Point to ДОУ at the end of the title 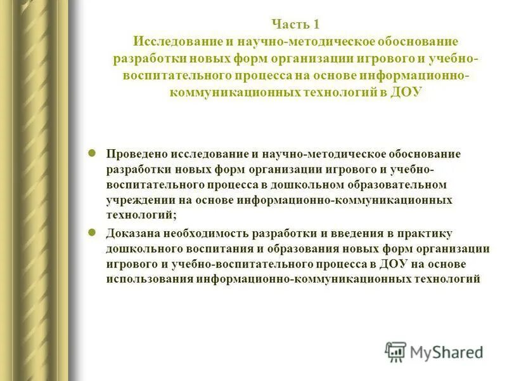pyautogui.click(x=405, y=93)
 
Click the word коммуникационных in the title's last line pyautogui.click(x=226, y=93)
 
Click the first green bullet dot pyautogui.click(x=92, y=153)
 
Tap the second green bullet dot pyautogui.click(x=92, y=232)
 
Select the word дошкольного pyautogui.click(x=141, y=248)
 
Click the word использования pyautogui.click(x=150, y=279)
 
